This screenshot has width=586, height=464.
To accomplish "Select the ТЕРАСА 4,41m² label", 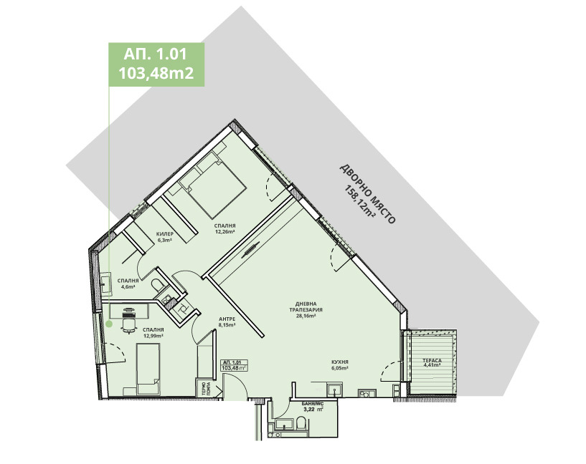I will (x=431, y=362).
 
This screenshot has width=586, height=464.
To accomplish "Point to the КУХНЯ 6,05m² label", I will (x=340, y=365).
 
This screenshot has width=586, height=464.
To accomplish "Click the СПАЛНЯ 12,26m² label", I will (x=225, y=228).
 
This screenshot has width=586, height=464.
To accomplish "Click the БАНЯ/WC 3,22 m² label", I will (x=311, y=409).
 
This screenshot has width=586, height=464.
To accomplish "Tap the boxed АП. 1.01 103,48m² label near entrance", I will (x=234, y=365).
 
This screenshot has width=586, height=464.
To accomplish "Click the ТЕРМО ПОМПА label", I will (x=205, y=389).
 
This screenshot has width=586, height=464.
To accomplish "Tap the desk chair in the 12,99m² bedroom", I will (x=129, y=325).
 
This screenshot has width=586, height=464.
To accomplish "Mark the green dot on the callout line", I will (x=109, y=324).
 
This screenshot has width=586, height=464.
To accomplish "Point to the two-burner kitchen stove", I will (x=365, y=392).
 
